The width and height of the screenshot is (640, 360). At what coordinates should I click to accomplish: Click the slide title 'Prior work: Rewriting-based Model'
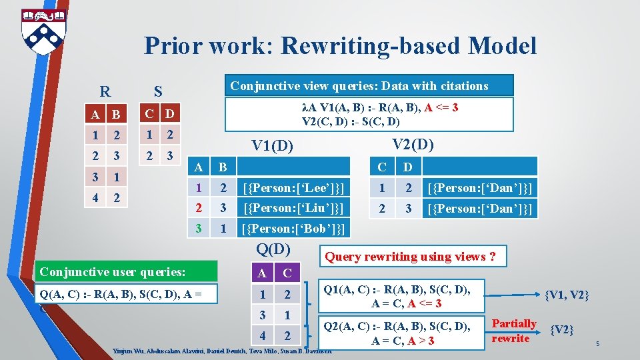point(340,46)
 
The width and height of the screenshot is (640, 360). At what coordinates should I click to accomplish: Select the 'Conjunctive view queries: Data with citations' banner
point(359,86)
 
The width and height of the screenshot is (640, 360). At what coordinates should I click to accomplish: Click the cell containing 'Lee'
point(294,188)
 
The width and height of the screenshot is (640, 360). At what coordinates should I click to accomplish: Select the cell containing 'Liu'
point(294,208)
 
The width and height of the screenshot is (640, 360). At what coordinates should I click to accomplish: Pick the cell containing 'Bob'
point(294,229)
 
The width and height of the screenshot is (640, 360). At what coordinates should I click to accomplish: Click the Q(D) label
point(273,249)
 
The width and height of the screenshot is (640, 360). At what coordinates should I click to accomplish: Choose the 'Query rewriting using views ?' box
point(409,257)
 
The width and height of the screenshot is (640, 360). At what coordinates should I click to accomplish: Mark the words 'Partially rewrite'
point(513,331)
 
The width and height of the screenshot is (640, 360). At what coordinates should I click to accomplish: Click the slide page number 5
point(599,344)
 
